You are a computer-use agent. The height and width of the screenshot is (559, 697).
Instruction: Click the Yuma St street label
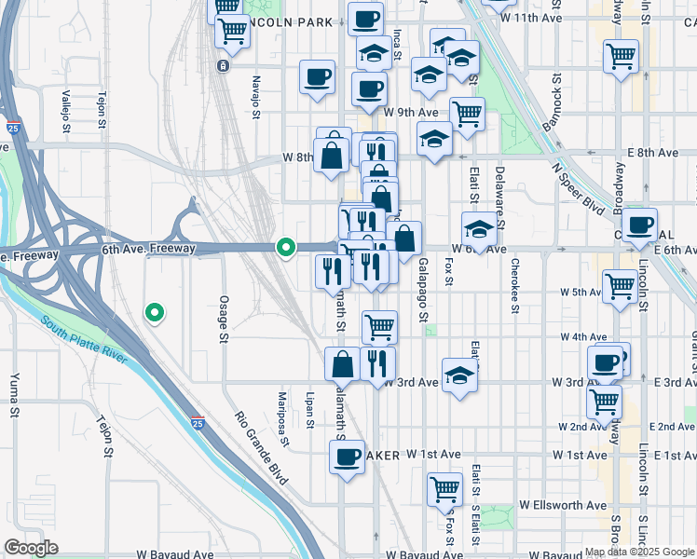(x=15, y=396)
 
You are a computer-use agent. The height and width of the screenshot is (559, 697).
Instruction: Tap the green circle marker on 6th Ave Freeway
(x=286, y=248)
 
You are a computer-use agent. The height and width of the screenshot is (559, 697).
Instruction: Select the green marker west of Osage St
(x=156, y=313)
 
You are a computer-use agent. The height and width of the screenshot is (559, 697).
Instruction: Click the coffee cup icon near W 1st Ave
(x=348, y=457)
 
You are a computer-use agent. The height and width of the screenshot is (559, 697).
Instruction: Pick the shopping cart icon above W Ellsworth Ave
(x=445, y=487)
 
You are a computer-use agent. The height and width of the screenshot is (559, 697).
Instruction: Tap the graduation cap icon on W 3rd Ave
(x=458, y=375)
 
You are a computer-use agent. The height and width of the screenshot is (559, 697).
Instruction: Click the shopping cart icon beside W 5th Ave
(x=620, y=285)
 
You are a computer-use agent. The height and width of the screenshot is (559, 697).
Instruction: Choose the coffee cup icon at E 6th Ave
(x=640, y=225)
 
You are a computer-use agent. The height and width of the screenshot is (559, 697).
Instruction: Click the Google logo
(x=32, y=548)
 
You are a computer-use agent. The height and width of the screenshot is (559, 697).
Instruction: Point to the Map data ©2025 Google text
(x=638, y=552)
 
